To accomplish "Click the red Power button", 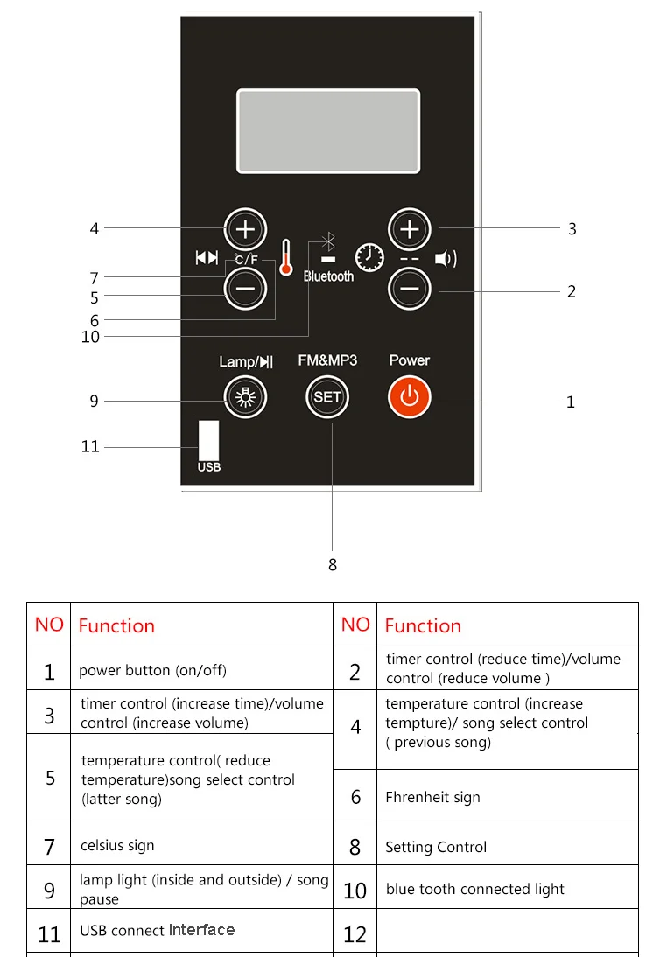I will (410, 397).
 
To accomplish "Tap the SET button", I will (327, 397).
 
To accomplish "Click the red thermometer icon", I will (285, 258).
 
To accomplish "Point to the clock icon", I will (369, 258).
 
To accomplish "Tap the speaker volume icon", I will (446, 259).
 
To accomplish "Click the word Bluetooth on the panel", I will (328, 276).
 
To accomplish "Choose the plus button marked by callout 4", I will (245, 229).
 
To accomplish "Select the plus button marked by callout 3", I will (410, 229).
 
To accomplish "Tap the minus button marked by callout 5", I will (245, 288).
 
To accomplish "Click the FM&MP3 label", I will (327, 360).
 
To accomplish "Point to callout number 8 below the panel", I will (333, 565).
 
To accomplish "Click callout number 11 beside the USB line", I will (90, 447).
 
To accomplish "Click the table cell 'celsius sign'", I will (117, 845).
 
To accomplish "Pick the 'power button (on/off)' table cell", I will (152, 670).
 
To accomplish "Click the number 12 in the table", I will (355, 933).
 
